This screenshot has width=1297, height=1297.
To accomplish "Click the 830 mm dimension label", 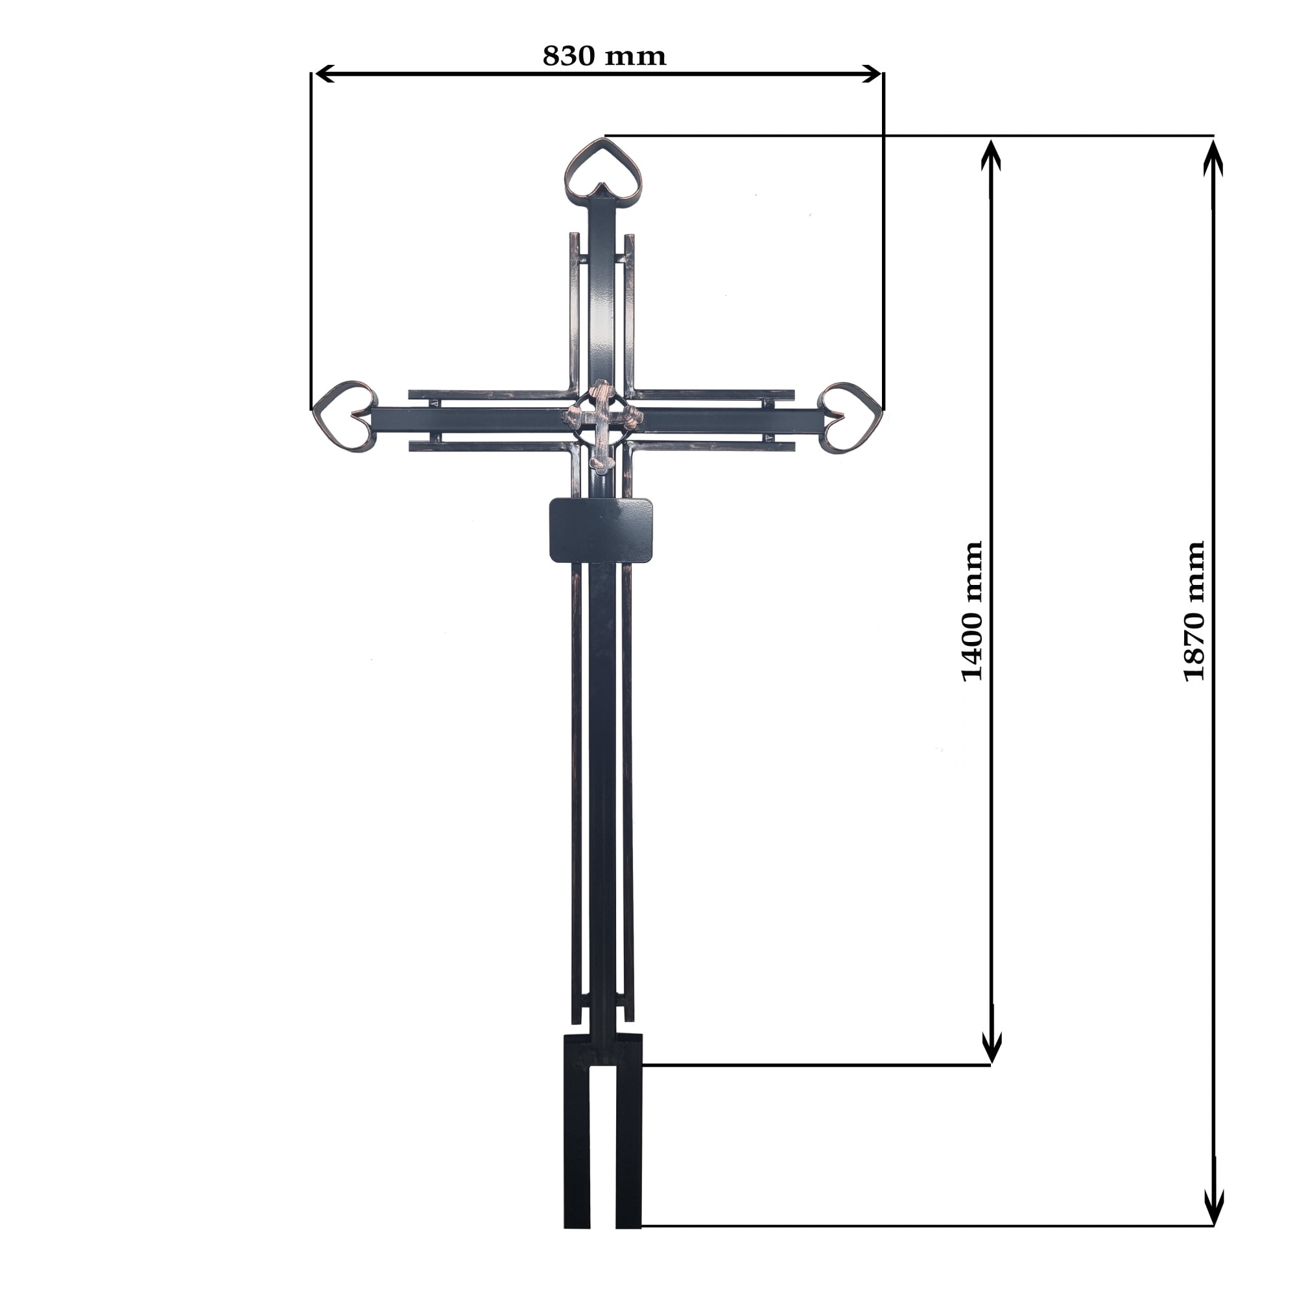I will [x=604, y=55].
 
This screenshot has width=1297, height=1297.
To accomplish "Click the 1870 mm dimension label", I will [x=1195, y=611].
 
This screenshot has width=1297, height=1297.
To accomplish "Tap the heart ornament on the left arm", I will [x=344, y=416].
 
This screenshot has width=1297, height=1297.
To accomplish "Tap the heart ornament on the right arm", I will [x=851, y=416].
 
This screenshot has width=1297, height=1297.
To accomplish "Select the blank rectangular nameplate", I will [x=601, y=530].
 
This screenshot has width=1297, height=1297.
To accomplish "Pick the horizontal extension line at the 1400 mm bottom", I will [x=805, y=1065].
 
